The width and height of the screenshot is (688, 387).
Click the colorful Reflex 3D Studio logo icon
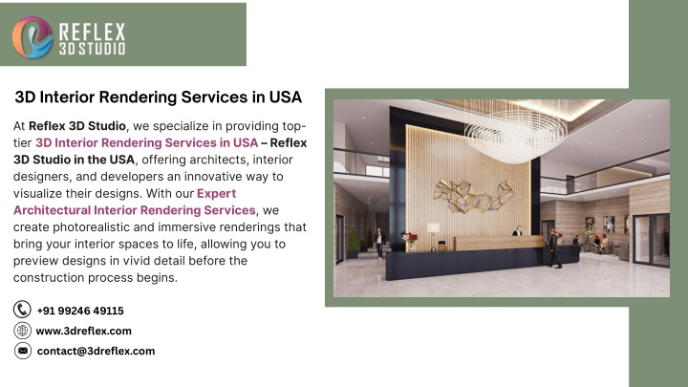pos(32,37)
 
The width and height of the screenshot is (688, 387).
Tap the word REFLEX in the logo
pos(92,32)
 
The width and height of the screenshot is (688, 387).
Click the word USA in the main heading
pos(285,97)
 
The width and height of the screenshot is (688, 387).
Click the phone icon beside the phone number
pos(22,310)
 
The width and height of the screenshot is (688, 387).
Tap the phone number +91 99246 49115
pos(80,311)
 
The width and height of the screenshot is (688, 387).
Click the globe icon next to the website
pos(22,331)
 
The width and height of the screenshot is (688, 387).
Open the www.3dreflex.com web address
pos(84,331)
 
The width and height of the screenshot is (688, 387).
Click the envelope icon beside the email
pos(22,351)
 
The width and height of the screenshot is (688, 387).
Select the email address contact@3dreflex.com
pos(97,351)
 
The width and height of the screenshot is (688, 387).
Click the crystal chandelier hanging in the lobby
pos(516,132)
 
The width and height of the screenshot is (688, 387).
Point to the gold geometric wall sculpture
pos(473,196)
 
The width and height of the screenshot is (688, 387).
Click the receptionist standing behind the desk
pos(518,231)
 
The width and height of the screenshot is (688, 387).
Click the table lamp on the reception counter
pos(434,236)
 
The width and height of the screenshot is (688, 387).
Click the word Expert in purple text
pos(216,193)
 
